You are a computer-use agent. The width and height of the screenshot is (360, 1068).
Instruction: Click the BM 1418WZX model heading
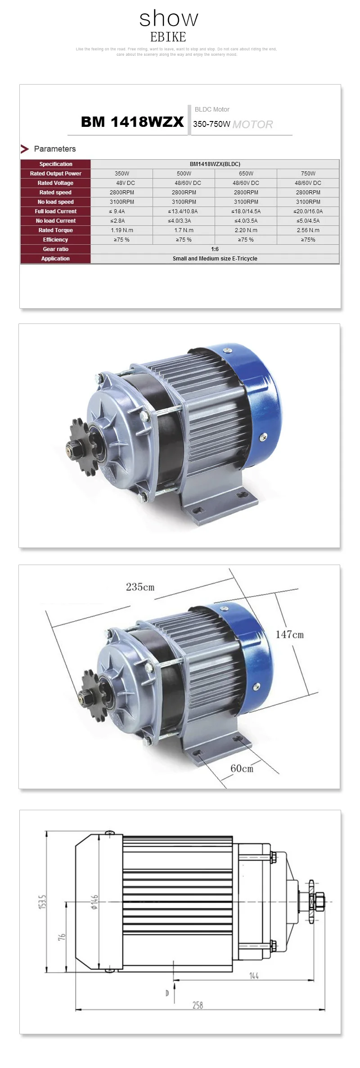click(x=132, y=122)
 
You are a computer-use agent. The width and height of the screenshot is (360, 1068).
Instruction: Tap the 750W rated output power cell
click(x=308, y=174)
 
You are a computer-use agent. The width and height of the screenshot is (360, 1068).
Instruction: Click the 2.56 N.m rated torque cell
click(x=308, y=230)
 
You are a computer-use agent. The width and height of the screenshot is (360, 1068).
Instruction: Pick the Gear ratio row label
click(x=55, y=249)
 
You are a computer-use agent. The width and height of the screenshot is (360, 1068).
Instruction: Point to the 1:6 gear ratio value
click(x=215, y=249)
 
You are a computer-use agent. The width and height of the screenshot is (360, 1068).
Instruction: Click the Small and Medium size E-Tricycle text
click(x=215, y=259)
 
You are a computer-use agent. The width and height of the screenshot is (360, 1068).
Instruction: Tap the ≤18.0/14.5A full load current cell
click(x=246, y=211)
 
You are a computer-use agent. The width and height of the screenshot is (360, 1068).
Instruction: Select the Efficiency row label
click(x=55, y=240)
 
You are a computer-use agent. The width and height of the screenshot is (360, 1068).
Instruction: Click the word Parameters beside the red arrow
click(x=54, y=149)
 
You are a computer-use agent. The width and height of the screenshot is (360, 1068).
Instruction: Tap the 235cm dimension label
click(x=140, y=587)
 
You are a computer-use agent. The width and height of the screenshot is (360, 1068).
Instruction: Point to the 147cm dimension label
click(x=289, y=635)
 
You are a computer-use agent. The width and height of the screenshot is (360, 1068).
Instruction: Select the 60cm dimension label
click(x=242, y=768)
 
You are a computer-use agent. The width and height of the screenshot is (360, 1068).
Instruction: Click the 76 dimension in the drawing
click(x=62, y=937)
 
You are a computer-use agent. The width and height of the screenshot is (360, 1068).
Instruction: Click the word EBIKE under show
click(x=168, y=37)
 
